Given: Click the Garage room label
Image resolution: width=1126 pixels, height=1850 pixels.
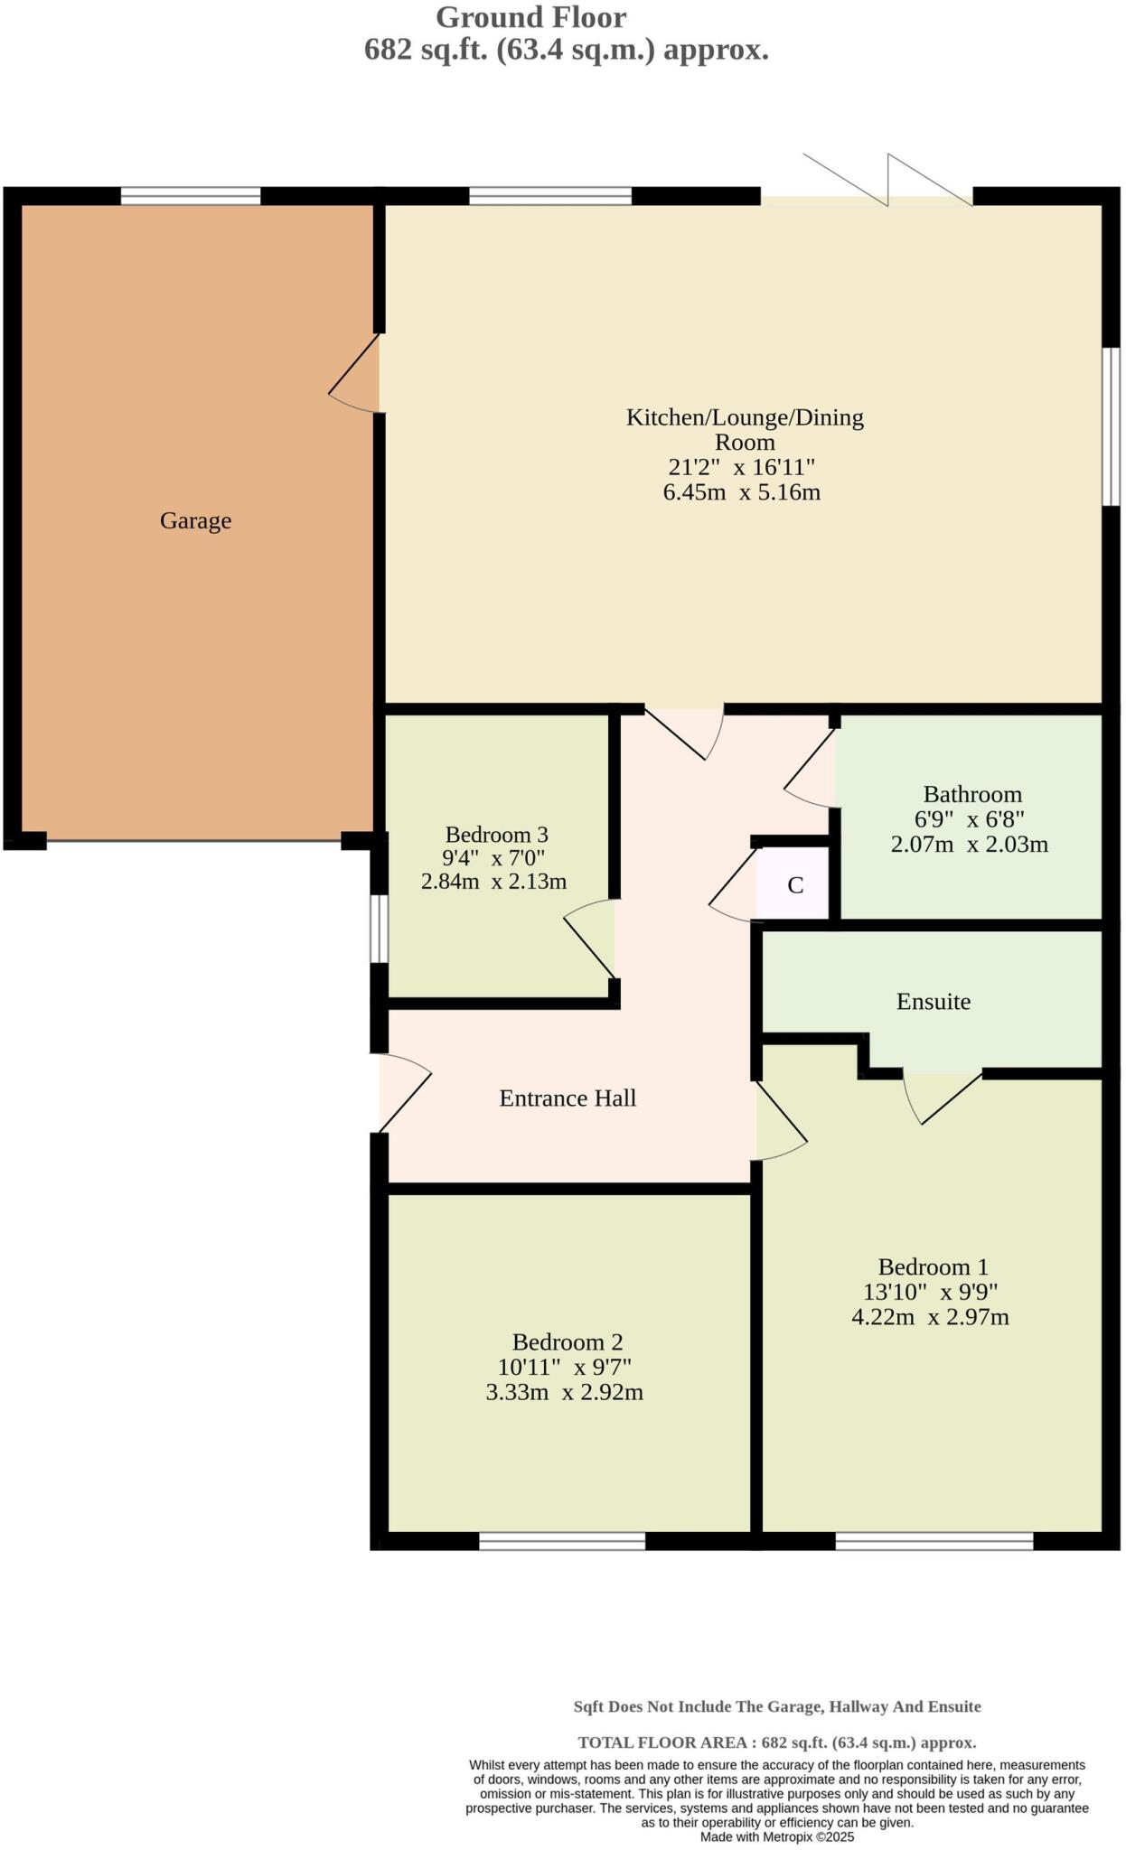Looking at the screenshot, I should tap(195, 521).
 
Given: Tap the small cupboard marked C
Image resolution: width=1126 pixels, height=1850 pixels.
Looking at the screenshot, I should tap(794, 885).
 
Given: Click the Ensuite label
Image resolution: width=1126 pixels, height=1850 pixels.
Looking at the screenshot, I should tap(933, 1002).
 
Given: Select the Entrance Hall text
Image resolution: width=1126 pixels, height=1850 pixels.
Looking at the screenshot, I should tap(568, 1098).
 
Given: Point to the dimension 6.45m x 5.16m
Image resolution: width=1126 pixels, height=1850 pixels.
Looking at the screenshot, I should tap(741, 492).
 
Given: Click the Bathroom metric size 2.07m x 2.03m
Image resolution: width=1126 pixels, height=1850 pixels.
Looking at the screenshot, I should tap(969, 845).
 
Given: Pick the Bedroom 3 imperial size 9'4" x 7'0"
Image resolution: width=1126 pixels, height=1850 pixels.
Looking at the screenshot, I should tap(493, 857).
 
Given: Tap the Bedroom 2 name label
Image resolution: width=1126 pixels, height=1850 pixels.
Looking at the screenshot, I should tap(567, 1342).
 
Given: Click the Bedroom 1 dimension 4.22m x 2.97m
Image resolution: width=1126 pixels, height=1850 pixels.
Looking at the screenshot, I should tap(930, 1317).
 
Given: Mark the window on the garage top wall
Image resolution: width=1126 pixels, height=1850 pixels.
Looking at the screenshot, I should tap(191, 195).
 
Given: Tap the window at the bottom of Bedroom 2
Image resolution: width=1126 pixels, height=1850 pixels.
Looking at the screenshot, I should tap(562, 1541).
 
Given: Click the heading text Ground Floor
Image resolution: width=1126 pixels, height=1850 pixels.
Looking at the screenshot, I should tap(530, 17).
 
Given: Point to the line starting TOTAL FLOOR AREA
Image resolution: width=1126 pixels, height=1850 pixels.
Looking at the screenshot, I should tap(776, 1743).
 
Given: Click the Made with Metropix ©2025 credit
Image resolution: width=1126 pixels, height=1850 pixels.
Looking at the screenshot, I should tap(776, 1836).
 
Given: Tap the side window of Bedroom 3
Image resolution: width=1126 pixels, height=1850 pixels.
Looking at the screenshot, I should tap(378, 929).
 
